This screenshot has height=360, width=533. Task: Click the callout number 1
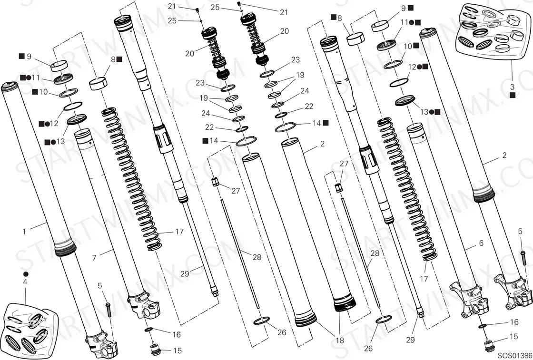tap(24, 232)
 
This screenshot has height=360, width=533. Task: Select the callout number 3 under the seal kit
tap(513, 87)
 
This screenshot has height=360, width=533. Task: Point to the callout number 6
tap(481, 243)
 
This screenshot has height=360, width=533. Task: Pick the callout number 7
tap(94, 258)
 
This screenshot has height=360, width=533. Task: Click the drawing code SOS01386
tap(514, 355)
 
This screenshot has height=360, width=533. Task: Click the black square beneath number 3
tap(513, 95)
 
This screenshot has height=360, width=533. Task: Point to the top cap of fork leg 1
tap(10, 87)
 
